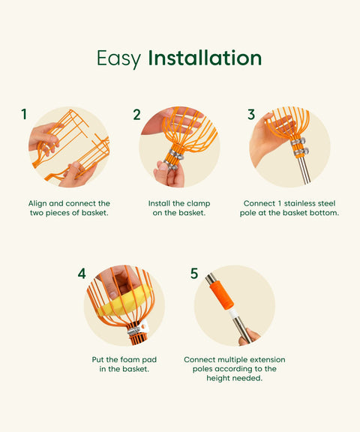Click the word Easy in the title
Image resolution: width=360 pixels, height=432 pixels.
(x=118, y=58)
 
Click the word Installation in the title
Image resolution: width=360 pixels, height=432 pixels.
(x=205, y=58)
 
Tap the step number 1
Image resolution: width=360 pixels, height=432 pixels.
(x=24, y=114)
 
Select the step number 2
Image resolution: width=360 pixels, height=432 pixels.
(x=137, y=115)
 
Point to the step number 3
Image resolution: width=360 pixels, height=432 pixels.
(x=251, y=114)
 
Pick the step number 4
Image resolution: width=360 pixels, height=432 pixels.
(x=82, y=274)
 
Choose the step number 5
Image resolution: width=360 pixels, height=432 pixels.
(x=194, y=273)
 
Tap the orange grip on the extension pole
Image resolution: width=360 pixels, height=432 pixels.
(x=221, y=295)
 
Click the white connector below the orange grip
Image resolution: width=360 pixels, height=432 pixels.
(x=233, y=313)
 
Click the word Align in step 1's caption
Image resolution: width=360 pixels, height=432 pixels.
(x=37, y=204)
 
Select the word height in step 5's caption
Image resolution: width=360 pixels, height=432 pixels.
(x=218, y=378)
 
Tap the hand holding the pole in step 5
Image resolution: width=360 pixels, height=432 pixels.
(x=249, y=337)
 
